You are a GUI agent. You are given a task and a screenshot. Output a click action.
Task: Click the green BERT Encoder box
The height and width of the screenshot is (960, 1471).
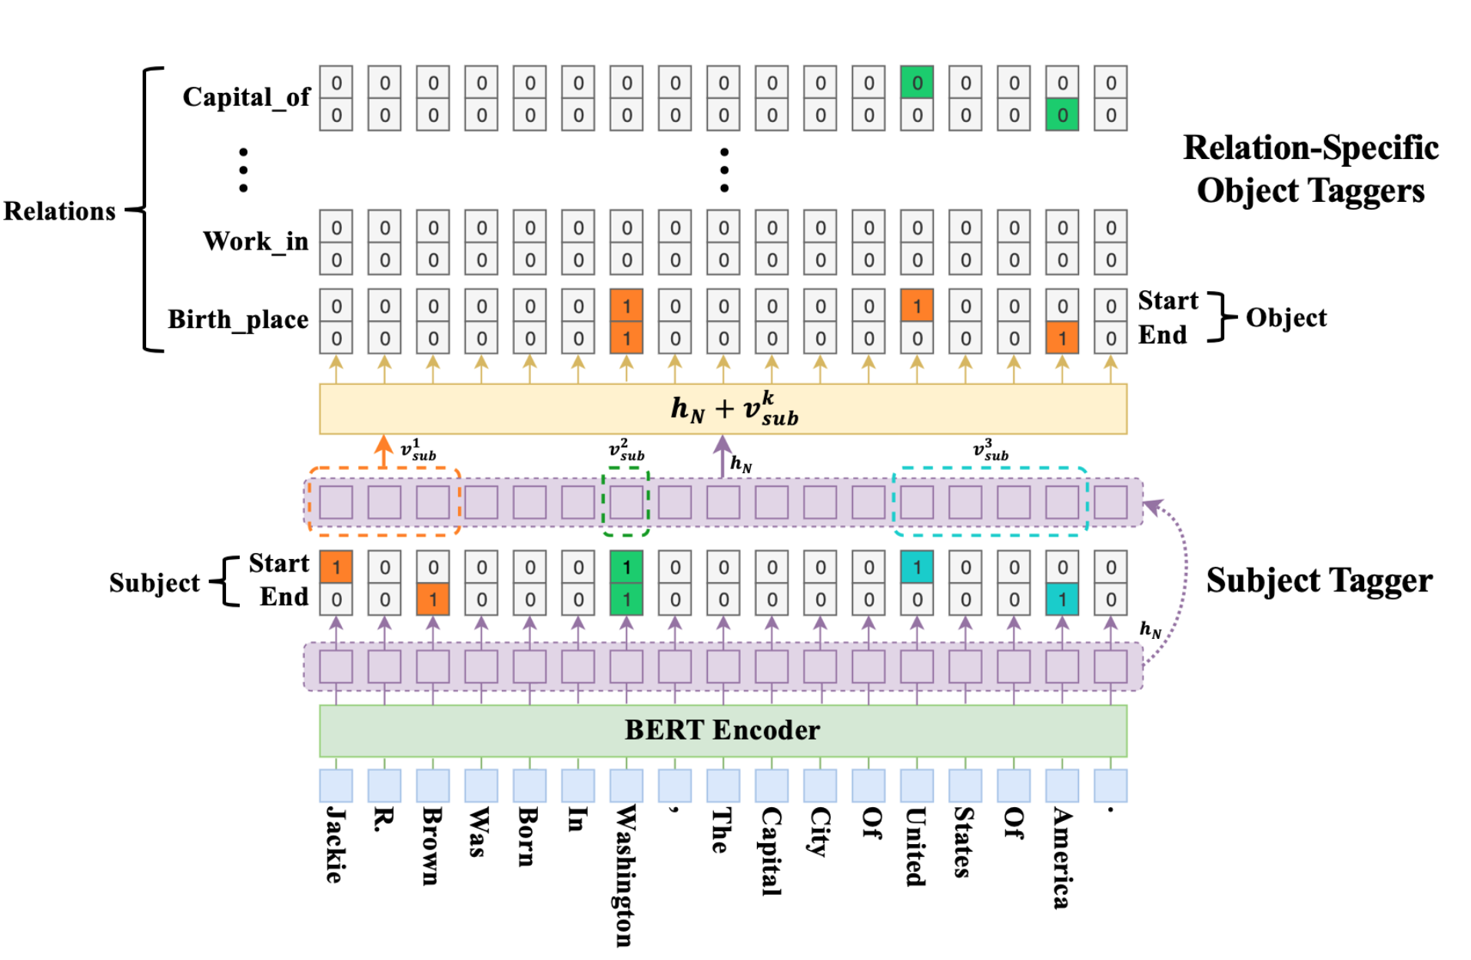click(x=722, y=730)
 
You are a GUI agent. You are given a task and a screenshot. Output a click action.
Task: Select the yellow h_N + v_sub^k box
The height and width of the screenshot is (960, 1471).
click(x=722, y=409)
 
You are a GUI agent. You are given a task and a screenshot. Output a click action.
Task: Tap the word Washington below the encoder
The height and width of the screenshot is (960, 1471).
click(x=626, y=876)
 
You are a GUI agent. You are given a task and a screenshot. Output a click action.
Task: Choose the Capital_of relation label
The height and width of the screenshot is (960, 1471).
click(x=246, y=98)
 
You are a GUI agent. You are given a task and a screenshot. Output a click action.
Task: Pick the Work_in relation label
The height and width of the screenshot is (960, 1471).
click(x=255, y=241)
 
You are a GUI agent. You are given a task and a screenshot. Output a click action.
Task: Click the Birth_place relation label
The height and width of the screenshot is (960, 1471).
click(x=238, y=319)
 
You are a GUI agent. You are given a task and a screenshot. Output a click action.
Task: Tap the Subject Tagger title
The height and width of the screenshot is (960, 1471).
click(x=1319, y=581)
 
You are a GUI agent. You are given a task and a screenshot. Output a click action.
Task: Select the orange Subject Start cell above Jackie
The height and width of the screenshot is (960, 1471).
click(x=336, y=567)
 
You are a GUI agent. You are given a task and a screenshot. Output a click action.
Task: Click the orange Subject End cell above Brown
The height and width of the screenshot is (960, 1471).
click(x=433, y=600)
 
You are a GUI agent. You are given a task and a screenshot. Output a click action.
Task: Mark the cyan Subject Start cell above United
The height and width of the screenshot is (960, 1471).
click(x=917, y=567)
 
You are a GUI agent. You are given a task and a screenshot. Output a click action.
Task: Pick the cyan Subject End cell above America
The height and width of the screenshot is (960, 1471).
click(x=1062, y=600)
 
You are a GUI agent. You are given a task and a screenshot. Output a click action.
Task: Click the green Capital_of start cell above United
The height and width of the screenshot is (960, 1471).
click(x=917, y=82)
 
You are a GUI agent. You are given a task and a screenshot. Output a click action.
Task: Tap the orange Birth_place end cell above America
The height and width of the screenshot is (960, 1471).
click(x=1062, y=339)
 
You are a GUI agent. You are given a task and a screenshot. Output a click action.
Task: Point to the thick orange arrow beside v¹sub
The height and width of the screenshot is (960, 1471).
click(x=384, y=452)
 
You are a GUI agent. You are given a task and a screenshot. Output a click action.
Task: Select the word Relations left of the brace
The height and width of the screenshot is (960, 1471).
click(x=59, y=211)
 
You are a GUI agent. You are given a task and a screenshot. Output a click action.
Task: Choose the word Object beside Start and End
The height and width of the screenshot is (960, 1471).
click(x=1286, y=318)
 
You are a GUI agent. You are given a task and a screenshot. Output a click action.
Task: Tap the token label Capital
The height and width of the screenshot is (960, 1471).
click(x=771, y=851)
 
